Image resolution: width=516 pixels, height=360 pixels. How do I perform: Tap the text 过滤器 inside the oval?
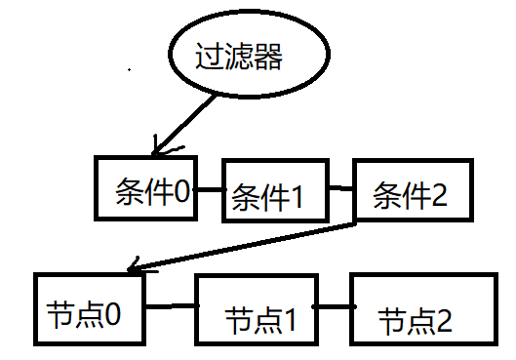click(x=239, y=56)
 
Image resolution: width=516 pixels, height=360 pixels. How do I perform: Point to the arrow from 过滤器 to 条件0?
click(x=185, y=125)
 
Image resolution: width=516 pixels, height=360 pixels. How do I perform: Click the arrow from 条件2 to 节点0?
click(x=242, y=247)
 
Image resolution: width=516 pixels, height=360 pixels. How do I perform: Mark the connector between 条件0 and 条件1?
click(x=210, y=189)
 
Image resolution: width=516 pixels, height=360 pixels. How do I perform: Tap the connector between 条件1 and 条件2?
click(x=341, y=188)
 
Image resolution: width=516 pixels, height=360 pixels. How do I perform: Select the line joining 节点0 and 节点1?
click(x=171, y=306)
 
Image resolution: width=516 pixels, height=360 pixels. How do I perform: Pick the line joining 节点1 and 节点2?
click(x=334, y=306)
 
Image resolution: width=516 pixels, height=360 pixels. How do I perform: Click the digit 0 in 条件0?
click(x=182, y=192)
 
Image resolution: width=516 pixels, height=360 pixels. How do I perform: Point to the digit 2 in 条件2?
click(x=439, y=194)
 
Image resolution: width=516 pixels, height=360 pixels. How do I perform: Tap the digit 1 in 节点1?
click(x=290, y=320)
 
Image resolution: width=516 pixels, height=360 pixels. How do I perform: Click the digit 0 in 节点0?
click(x=112, y=314)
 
